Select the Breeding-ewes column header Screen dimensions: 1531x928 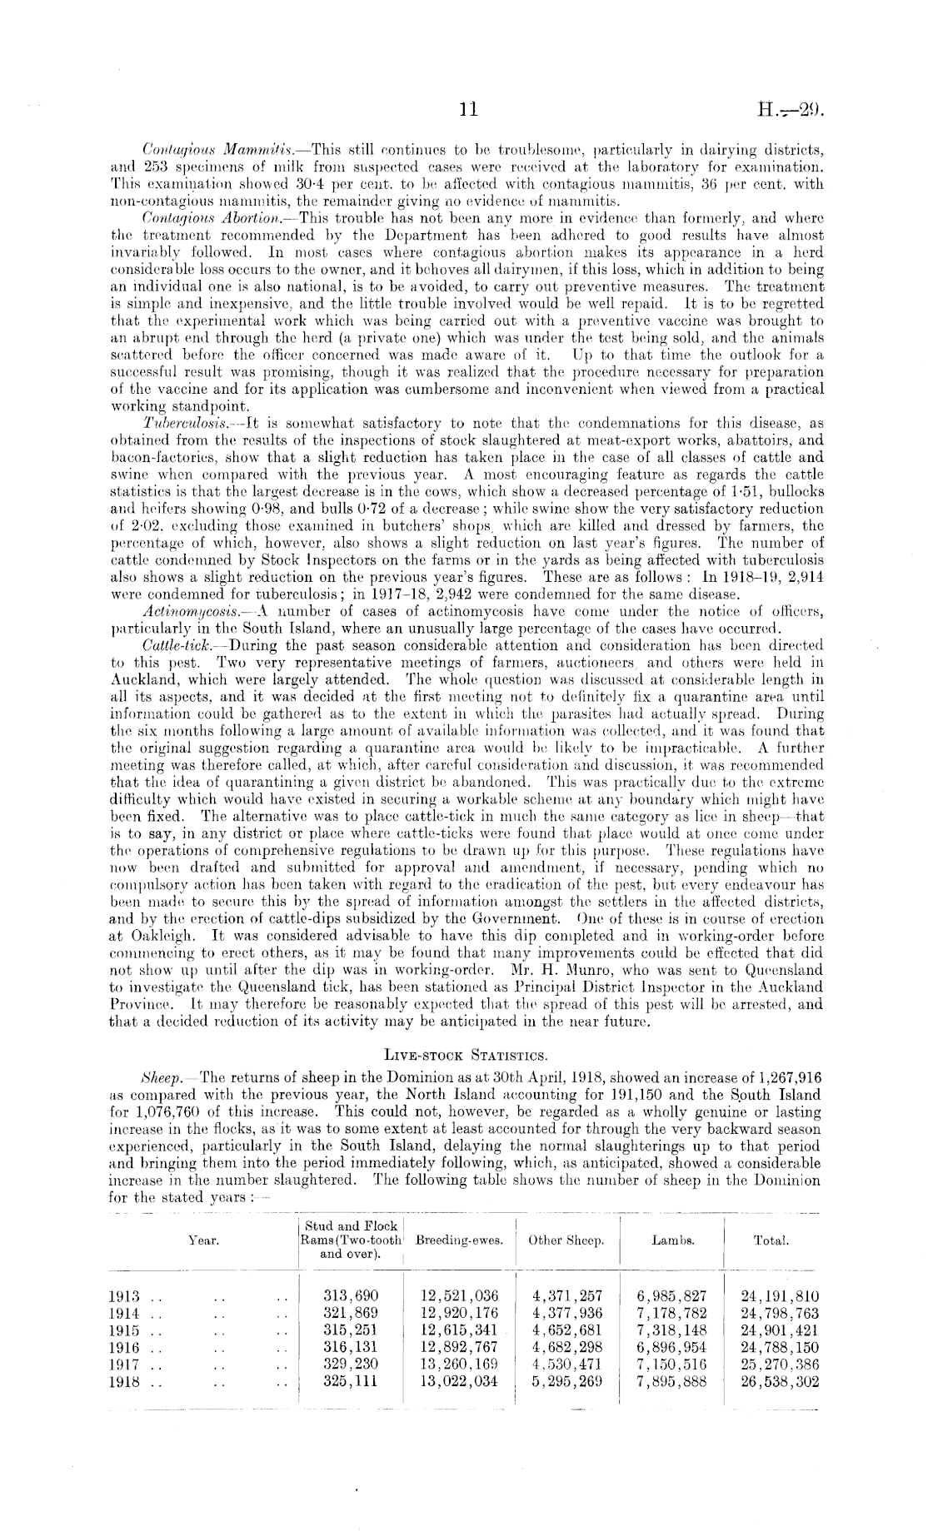[x=459, y=1239]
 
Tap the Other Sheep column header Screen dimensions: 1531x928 [x=566, y=1239]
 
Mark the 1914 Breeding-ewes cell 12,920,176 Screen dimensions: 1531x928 [x=459, y=1313]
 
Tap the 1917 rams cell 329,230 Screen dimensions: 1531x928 [x=350, y=1364]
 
